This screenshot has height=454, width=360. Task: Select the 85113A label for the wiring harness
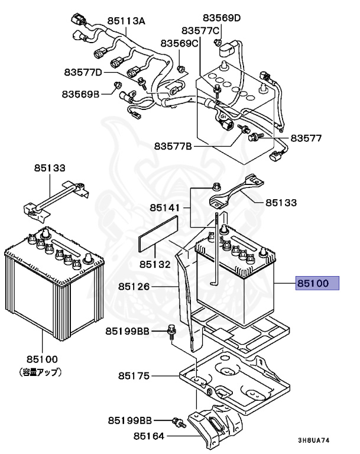tap(126, 21)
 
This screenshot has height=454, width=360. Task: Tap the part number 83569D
tap(222, 18)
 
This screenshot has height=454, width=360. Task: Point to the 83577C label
tap(200, 30)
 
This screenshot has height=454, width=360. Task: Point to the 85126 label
tap(134, 287)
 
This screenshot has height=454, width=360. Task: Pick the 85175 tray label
tap(134, 376)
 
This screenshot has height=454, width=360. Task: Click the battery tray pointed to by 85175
tap(236, 378)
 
